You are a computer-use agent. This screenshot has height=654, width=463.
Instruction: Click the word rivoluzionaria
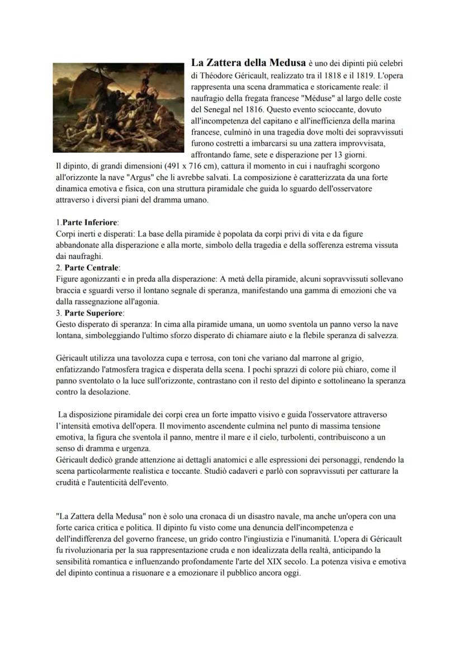83,551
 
